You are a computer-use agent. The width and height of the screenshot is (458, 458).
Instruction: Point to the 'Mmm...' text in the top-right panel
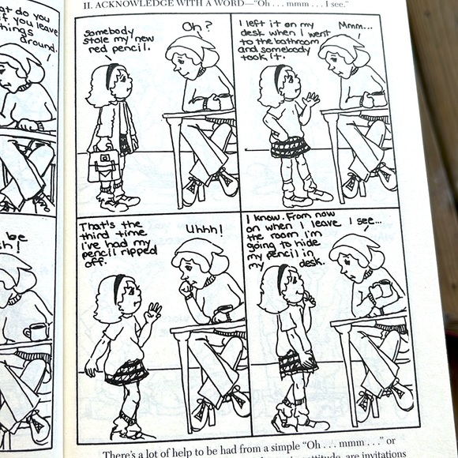[353, 25]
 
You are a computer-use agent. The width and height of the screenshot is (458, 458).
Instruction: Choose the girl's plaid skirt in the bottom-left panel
[127, 370]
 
